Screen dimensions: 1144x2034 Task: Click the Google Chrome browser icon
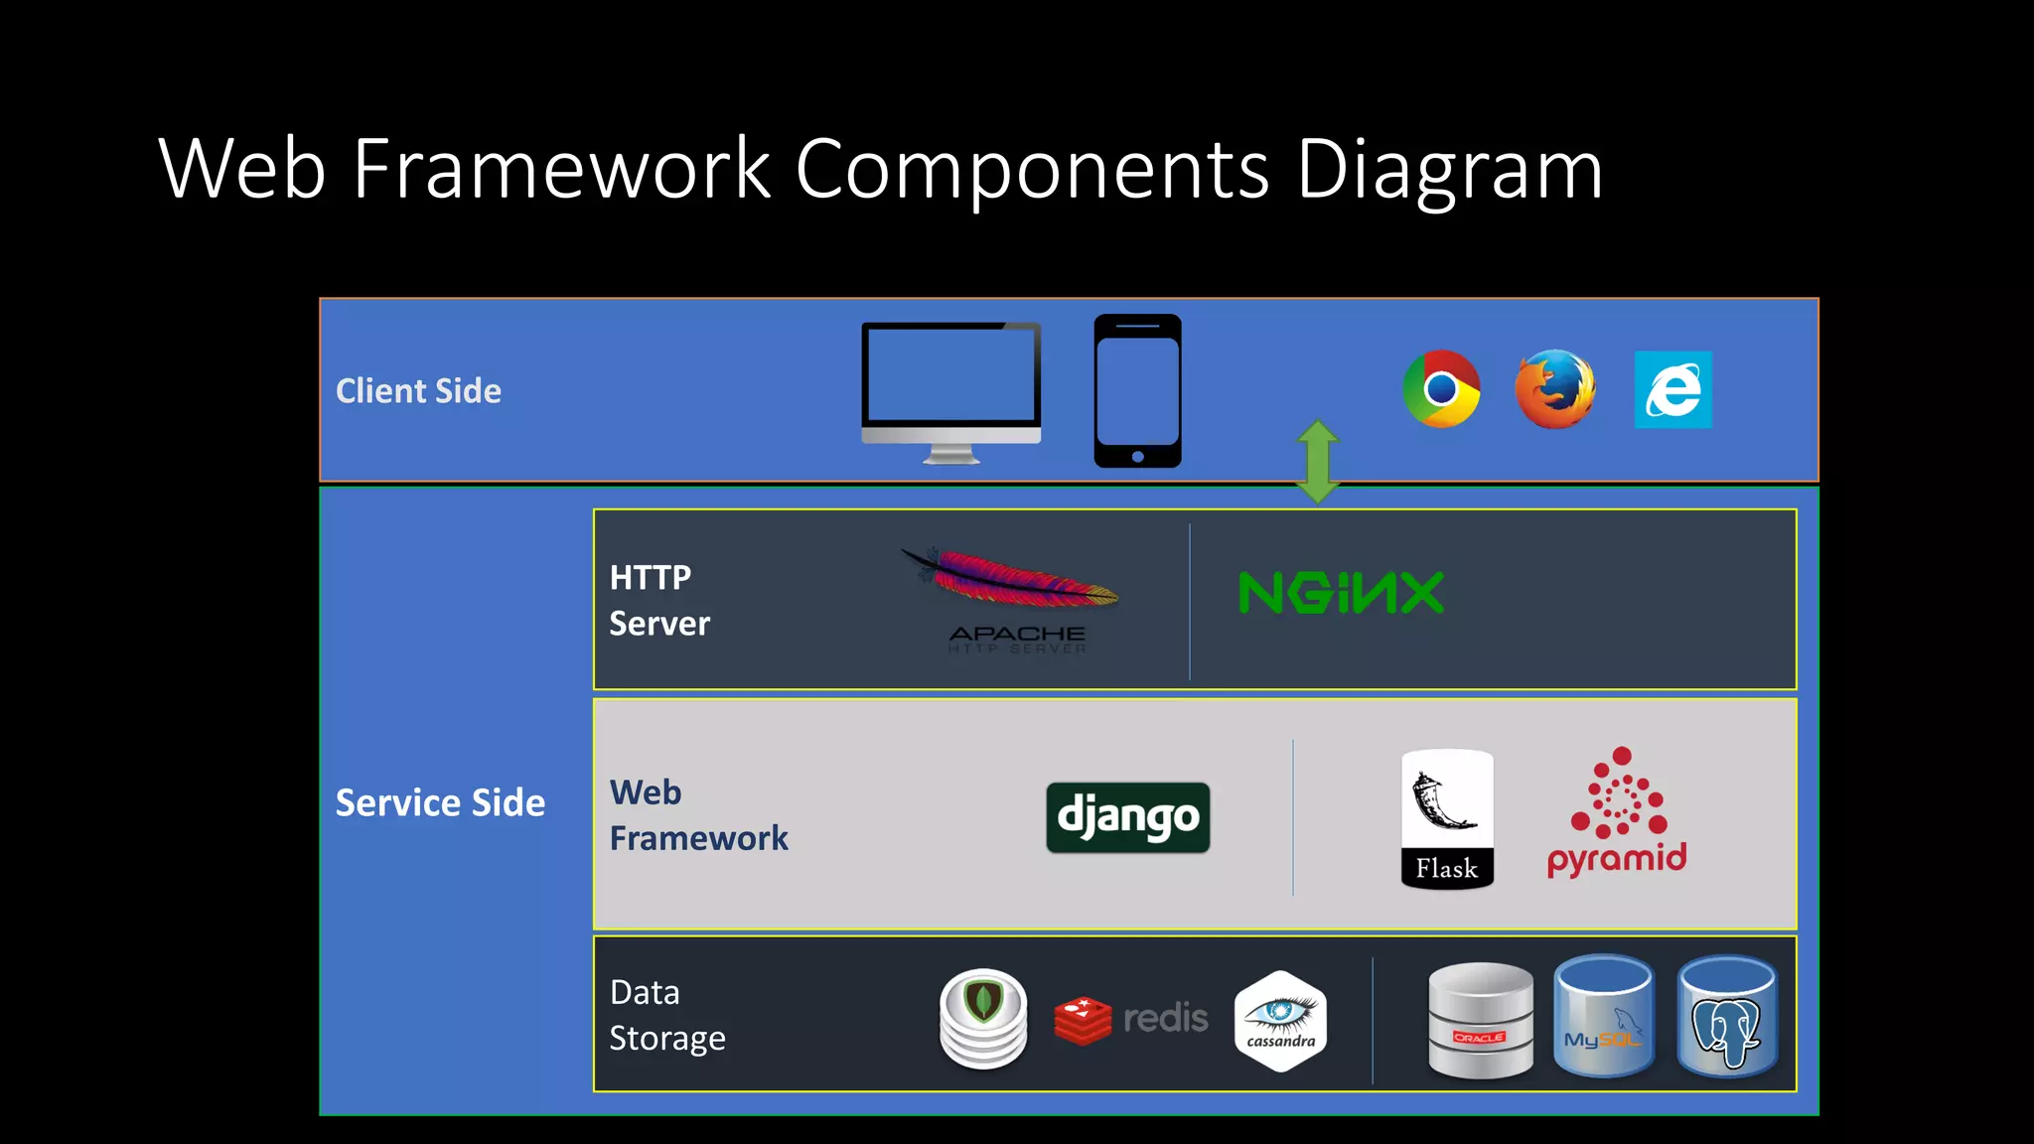(1441, 388)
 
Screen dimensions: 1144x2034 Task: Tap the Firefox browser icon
(1555, 388)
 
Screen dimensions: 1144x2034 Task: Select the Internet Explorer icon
(1672, 389)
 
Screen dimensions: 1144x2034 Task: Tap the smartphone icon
(1137, 390)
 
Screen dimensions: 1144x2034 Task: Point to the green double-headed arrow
(1318, 462)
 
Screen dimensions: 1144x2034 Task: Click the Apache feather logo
(1013, 582)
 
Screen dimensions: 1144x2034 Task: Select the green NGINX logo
(1341, 593)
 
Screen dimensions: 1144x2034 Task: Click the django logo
(1128, 817)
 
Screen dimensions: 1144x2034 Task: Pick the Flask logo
(1447, 818)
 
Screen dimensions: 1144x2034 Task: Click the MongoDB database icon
(983, 1018)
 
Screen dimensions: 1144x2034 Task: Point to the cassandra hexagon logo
(1280, 1021)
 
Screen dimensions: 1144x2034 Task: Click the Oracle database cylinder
(1480, 1020)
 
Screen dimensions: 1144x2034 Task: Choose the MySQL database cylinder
(1603, 1016)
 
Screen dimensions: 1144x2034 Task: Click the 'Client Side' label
(418, 391)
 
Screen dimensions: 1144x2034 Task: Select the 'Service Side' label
(440, 802)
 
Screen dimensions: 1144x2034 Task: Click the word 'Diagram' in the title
(1449, 169)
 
